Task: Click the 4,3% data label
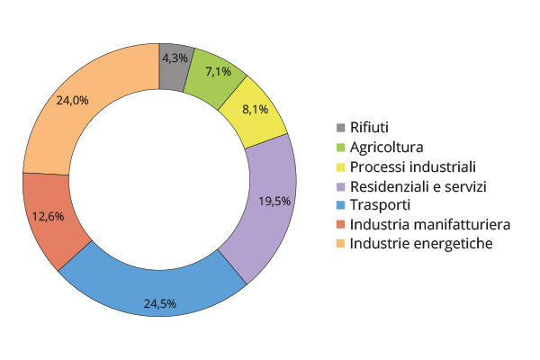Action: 175,57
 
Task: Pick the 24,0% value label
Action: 72,101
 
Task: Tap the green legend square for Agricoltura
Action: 340,147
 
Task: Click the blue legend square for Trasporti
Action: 340,205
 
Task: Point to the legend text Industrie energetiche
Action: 421,243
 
